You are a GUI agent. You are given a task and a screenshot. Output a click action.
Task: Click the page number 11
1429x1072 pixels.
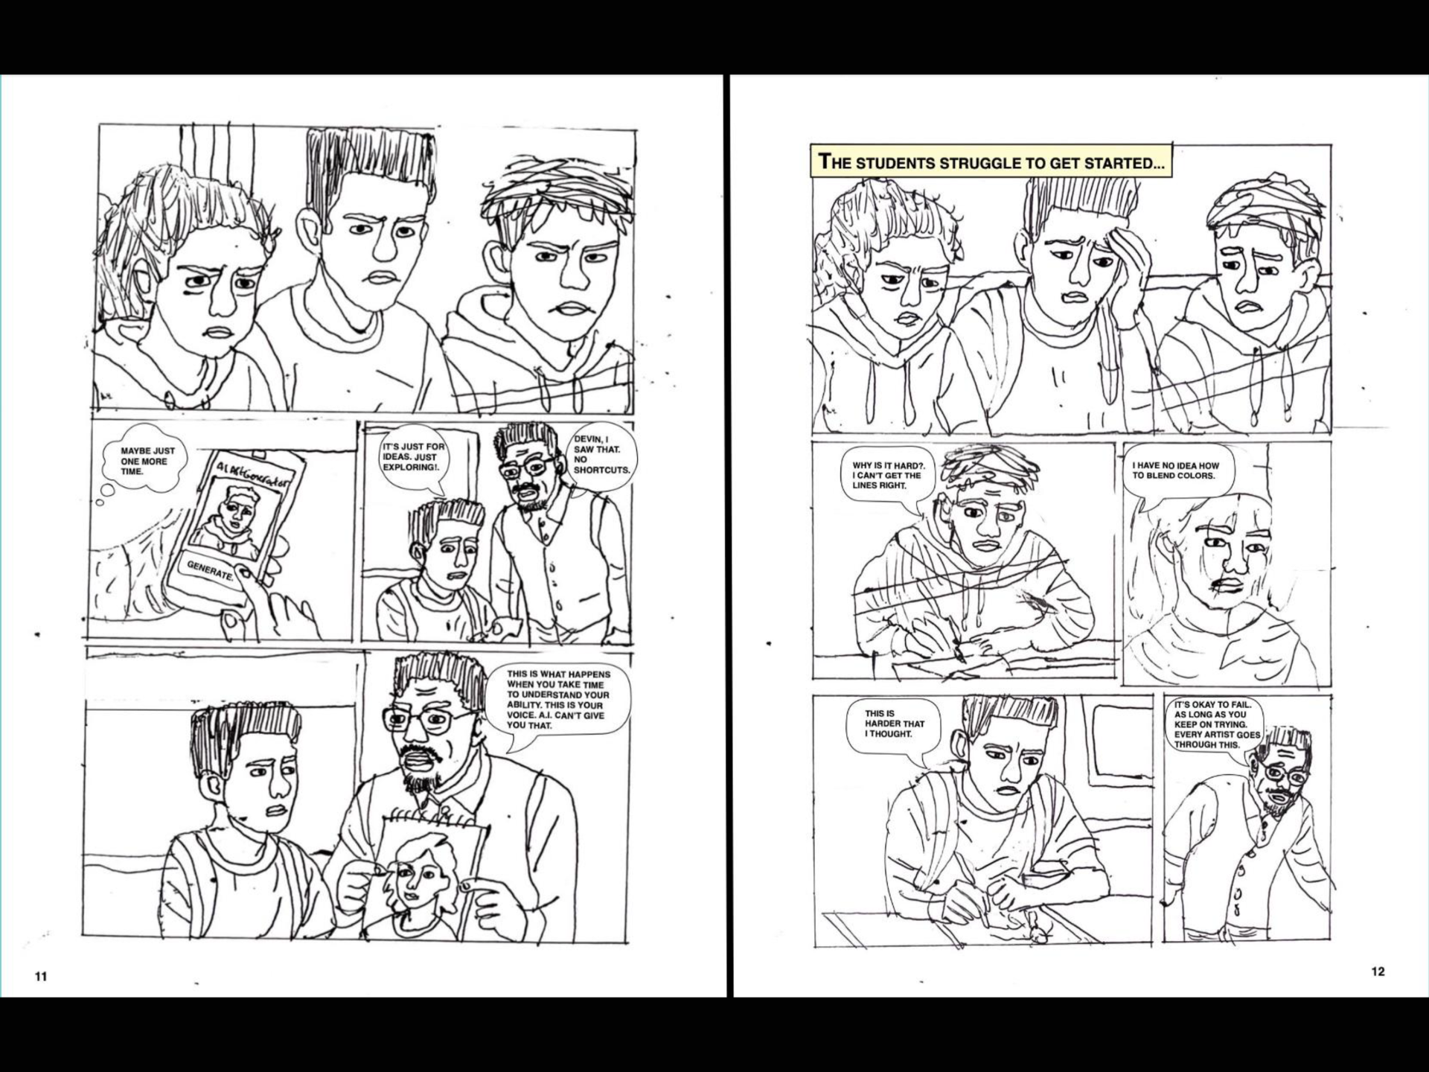(x=41, y=976)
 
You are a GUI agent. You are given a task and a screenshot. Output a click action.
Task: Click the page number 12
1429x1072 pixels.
(x=1378, y=971)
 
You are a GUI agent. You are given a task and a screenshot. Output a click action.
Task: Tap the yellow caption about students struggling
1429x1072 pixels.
(x=991, y=161)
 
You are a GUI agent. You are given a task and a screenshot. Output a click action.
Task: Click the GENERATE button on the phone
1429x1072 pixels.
(x=210, y=571)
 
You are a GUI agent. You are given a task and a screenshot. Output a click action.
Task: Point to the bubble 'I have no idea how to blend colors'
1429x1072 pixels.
(x=1177, y=471)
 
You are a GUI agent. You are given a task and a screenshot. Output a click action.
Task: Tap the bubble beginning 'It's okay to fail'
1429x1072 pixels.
(x=1217, y=724)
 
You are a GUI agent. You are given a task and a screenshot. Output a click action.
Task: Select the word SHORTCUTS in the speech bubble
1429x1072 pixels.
(x=601, y=470)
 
